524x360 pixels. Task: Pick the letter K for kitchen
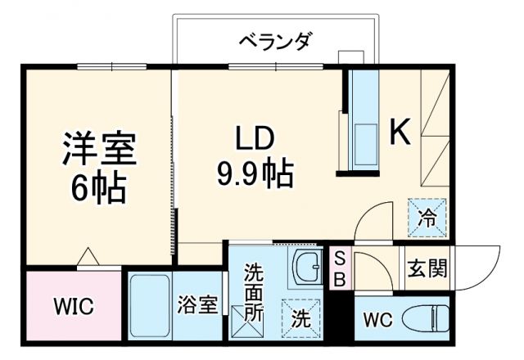(399, 132)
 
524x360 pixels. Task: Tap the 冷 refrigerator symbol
(428, 216)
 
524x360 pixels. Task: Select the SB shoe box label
(340, 268)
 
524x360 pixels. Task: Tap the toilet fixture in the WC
(429, 316)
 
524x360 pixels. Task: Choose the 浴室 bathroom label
(198, 306)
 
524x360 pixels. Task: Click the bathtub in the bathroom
(149, 306)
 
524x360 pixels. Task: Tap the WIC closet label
(74, 307)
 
